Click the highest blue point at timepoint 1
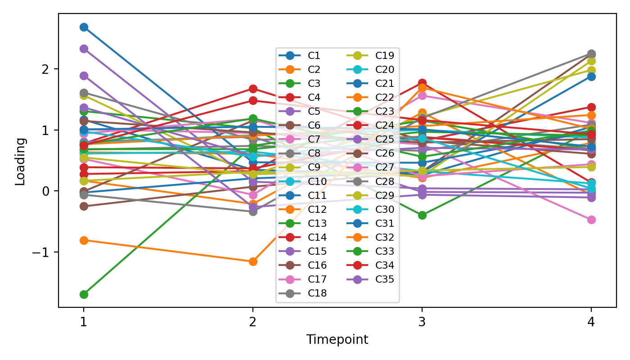84,27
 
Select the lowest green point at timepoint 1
84,294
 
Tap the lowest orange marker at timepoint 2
253,261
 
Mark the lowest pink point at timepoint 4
591,220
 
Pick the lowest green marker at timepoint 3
422,216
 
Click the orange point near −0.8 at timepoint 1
84,240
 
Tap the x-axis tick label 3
422,320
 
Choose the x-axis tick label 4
591,320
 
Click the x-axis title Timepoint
337,340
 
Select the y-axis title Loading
20,161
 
